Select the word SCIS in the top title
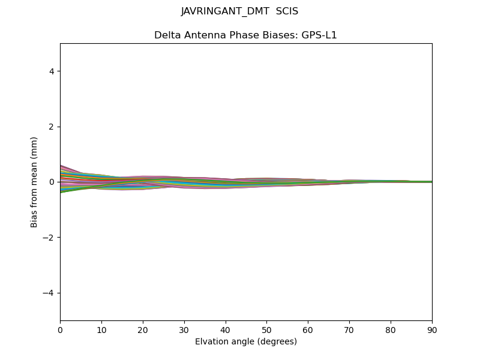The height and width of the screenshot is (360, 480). pos(287,11)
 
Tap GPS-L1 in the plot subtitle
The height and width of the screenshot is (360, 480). pos(319,35)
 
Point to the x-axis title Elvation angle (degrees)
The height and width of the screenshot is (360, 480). pos(246,342)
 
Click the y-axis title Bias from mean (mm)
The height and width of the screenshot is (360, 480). pos(34,182)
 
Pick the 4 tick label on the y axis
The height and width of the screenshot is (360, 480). pos(52,71)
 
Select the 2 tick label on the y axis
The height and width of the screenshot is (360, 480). pos(52,127)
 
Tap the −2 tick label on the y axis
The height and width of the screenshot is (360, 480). pos(49,238)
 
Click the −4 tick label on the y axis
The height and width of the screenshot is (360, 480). pos(49,293)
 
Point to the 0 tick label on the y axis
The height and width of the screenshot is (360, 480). pos(52,182)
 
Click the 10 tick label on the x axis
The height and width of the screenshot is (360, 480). pos(101,330)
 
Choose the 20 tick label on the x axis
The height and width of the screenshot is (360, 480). pos(143,330)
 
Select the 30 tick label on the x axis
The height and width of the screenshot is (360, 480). pos(184,330)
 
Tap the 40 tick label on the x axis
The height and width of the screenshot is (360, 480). pos(226,330)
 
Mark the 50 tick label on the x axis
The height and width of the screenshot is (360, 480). pos(266,330)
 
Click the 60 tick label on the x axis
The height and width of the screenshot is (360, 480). pos(308,330)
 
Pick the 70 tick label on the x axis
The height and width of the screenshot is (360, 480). pos(349,330)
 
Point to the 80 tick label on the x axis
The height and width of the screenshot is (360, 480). pos(391,330)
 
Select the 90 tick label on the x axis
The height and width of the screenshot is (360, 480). pos(432,330)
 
